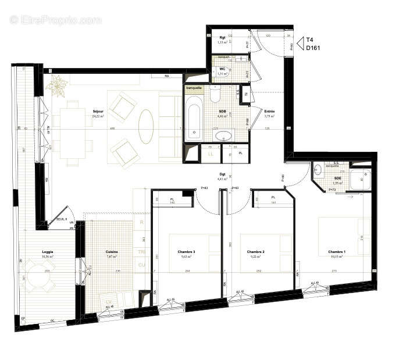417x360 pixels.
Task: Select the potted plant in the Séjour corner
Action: tap(58, 86)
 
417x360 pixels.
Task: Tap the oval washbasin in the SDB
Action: tap(223, 137)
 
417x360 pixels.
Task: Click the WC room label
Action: tap(222, 69)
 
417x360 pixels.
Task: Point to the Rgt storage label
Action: tap(221, 38)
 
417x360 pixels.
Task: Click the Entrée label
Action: tap(269, 112)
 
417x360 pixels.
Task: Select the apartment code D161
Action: tap(313, 48)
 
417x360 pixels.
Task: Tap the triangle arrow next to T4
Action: tap(300, 42)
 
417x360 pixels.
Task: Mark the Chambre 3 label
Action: tap(186, 251)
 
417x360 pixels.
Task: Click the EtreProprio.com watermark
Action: tap(55, 20)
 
